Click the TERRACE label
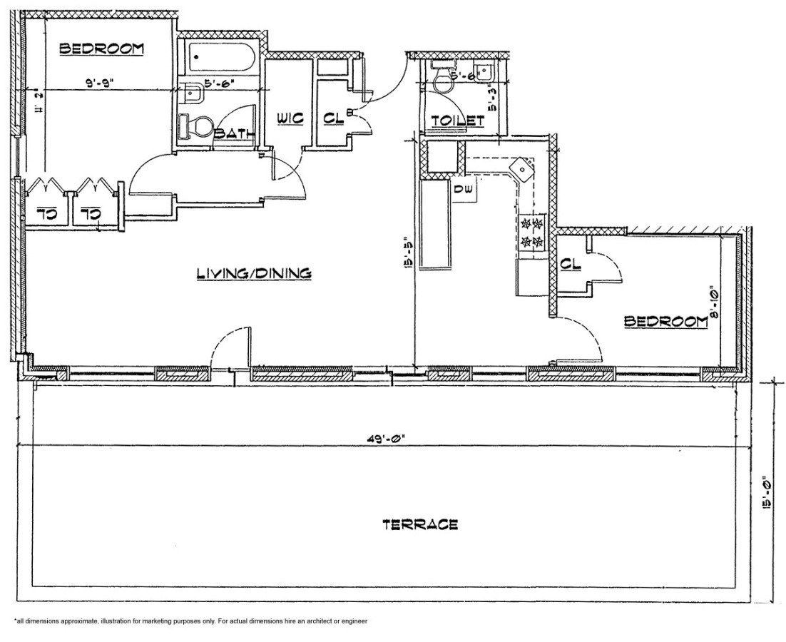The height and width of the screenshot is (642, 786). (x=419, y=525)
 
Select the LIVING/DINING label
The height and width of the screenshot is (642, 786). (x=253, y=272)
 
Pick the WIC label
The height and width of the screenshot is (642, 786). (x=287, y=118)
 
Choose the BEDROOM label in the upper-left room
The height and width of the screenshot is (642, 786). (x=101, y=49)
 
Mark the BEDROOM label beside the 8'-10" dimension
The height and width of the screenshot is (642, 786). (x=665, y=321)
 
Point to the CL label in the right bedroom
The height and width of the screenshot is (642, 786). (x=571, y=264)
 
